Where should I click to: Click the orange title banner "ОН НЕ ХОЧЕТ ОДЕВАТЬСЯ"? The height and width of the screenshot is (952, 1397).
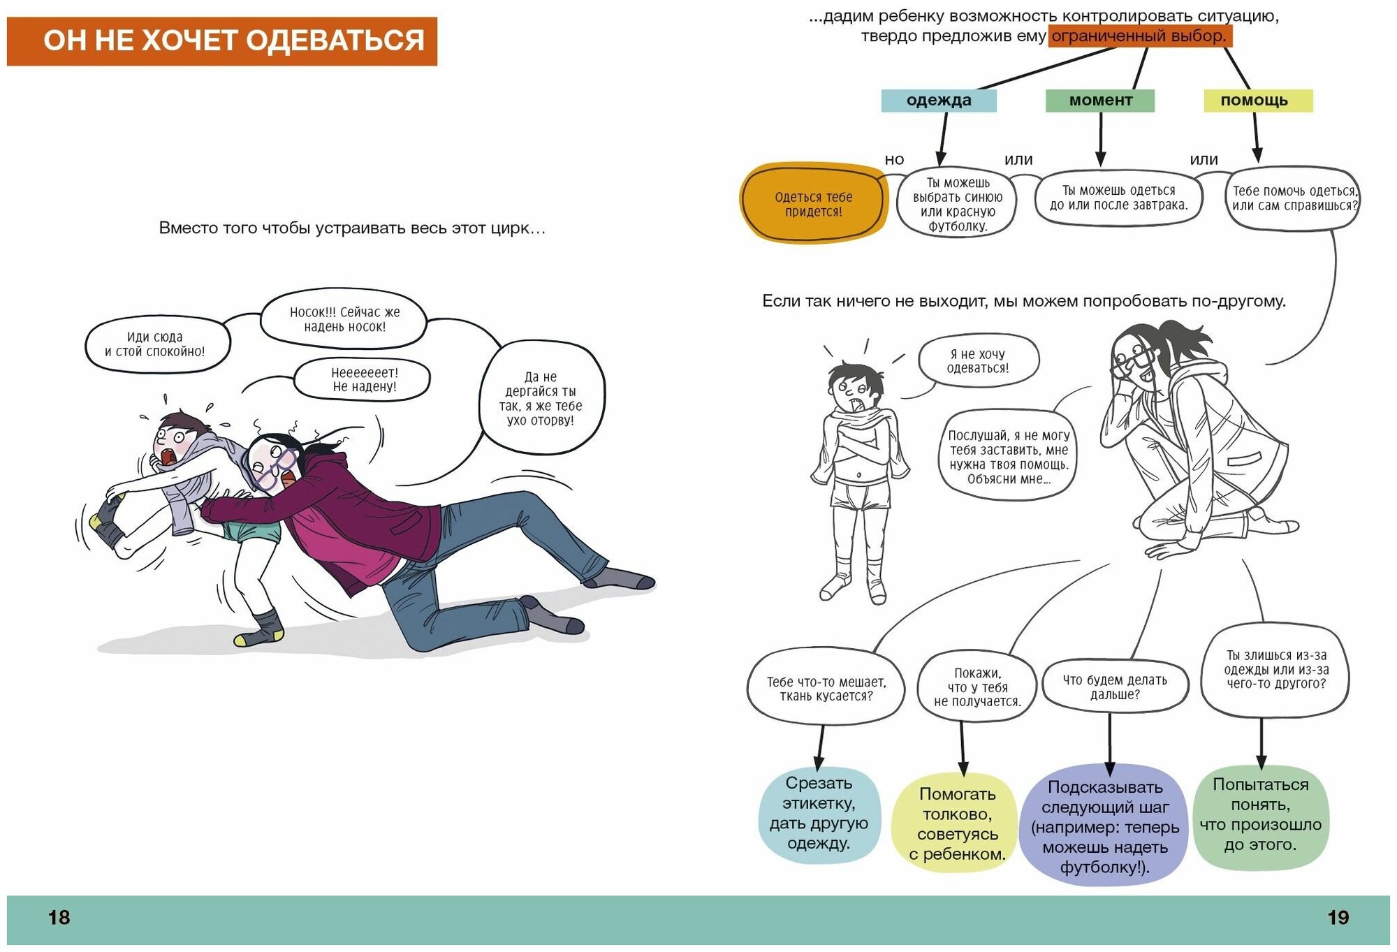coord(222,41)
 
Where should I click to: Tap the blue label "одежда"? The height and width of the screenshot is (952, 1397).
coord(938,101)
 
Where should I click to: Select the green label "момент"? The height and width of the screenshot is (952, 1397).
coord(1100,101)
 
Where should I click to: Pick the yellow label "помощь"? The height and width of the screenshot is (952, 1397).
coord(1258,101)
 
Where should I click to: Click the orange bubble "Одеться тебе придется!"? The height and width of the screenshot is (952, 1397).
coord(813,204)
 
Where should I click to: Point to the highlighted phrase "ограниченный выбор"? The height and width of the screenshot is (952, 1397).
coord(1139,36)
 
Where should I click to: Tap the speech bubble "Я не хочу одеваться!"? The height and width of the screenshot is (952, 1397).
coord(978,361)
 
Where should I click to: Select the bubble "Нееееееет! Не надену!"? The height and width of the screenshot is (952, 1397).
coord(363,379)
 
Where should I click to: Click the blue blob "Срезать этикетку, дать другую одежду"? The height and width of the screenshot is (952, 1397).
coord(819,814)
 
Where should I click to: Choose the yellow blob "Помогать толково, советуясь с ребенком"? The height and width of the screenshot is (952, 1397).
coord(957,823)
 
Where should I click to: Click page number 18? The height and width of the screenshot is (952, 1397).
coord(59,917)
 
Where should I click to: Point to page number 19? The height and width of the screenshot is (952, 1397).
coord(1338,917)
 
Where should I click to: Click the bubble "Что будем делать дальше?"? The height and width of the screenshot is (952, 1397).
coord(1115,687)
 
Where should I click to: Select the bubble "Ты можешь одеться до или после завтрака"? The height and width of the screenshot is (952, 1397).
coord(1118,198)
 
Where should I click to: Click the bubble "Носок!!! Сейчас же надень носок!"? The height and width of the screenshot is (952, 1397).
coord(344,319)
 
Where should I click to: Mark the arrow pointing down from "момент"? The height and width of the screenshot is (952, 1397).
coord(1101,140)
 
